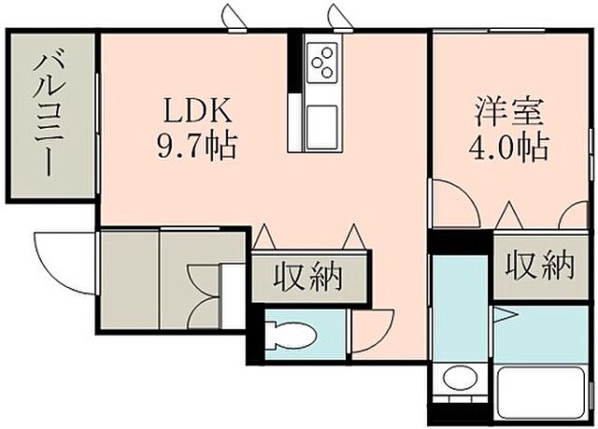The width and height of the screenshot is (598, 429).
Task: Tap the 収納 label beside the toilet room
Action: click(x=306, y=278)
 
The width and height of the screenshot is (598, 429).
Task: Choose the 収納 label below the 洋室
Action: click(x=540, y=267)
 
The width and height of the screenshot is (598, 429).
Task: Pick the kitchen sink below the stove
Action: click(x=323, y=123)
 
